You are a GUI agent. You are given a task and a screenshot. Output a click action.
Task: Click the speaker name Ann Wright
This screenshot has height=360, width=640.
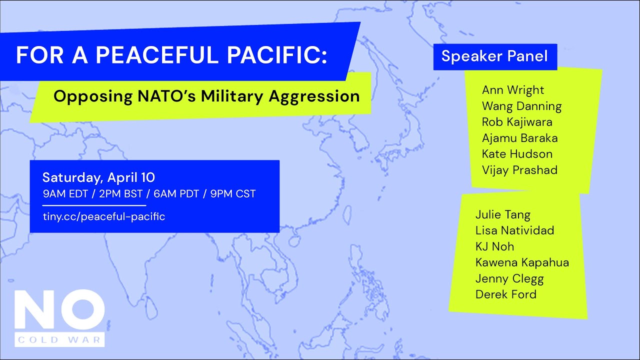pyautogui.click(x=512, y=90)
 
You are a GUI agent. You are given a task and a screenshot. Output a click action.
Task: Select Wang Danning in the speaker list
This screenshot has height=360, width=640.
pyautogui.click(x=521, y=106)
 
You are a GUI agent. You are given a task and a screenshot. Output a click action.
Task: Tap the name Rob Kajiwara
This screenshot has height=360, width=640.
pyautogui.click(x=517, y=122)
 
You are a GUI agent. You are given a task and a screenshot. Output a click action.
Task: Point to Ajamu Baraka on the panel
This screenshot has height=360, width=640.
pyautogui.click(x=519, y=138)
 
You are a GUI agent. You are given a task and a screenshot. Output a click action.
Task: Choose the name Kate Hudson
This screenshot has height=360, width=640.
pyautogui.click(x=517, y=154)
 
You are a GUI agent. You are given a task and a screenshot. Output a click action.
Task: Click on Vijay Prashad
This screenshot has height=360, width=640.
pyautogui.click(x=519, y=170)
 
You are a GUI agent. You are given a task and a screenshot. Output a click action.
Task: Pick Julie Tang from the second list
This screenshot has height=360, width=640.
pyautogui.click(x=502, y=215)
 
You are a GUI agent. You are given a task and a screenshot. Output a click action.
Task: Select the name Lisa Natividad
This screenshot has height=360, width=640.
pyautogui.click(x=514, y=230)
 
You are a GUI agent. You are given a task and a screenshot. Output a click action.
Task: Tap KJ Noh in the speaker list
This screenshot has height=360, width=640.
pyautogui.click(x=494, y=246)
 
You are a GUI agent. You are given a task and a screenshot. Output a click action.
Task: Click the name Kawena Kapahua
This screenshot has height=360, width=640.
pyautogui.click(x=522, y=262)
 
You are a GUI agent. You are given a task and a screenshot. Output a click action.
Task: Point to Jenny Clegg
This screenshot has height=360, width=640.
pyautogui.click(x=509, y=278)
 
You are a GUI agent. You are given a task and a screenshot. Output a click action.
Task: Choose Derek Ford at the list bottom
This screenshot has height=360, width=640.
pyautogui.click(x=505, y=294)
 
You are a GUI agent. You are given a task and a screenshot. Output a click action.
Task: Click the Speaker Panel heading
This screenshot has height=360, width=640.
pyautogui.click(x=494, y=56)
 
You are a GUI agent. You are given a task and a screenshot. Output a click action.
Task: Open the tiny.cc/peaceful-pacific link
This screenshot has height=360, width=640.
pyautogui.click(x=103, y=216)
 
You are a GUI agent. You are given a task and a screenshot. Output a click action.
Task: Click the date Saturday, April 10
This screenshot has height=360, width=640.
pyautogui.click(x=98, y=177)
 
